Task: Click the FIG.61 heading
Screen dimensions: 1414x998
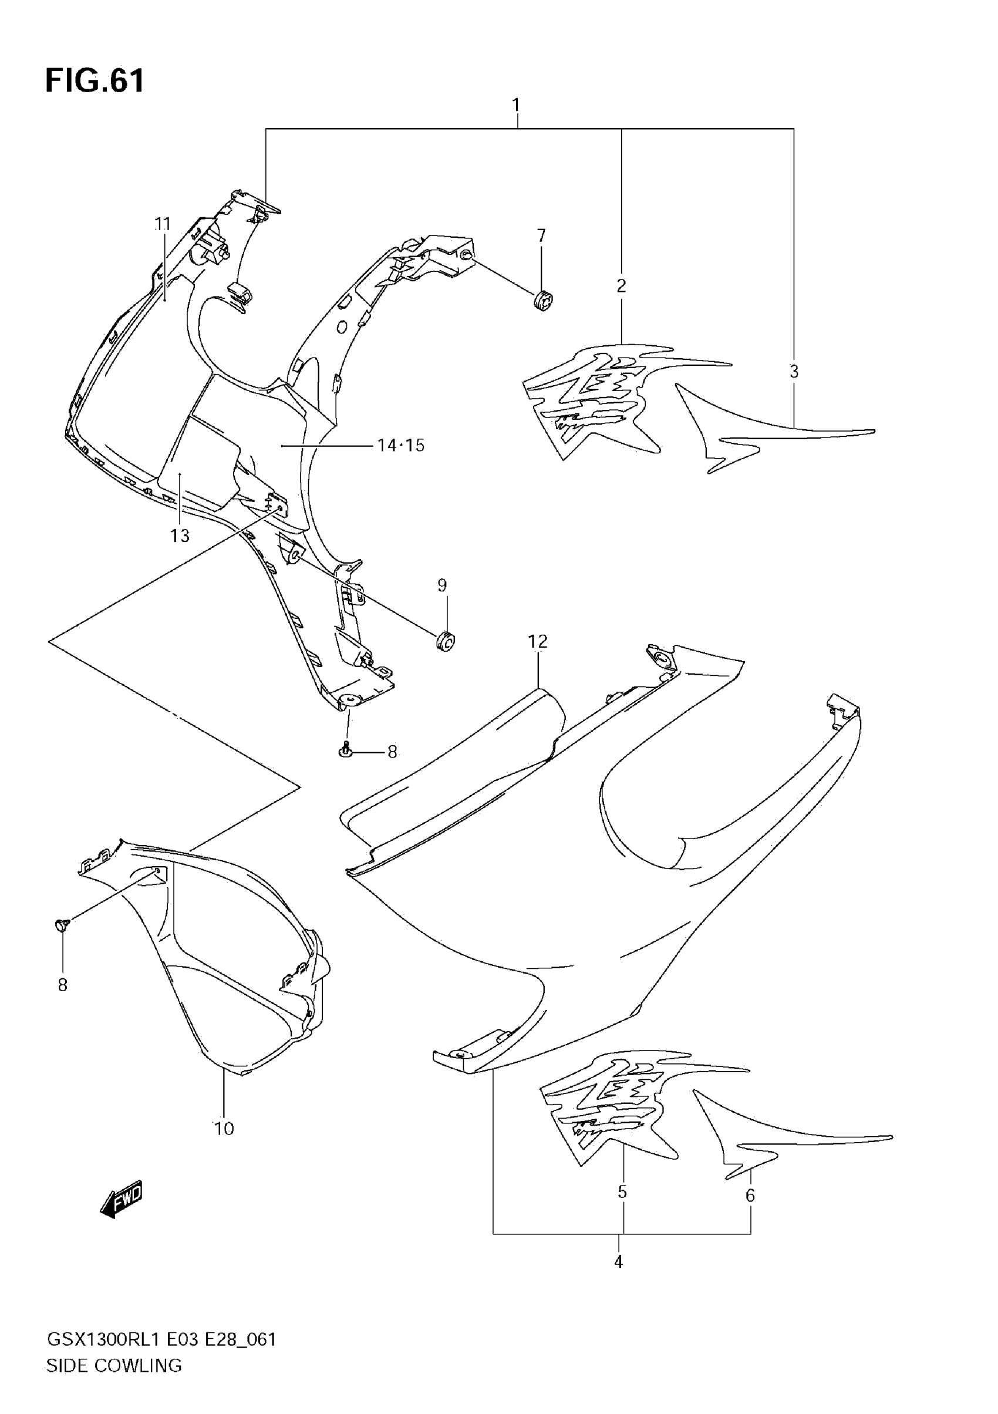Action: click(95, 81)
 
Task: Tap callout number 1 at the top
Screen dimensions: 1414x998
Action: click(516, 105)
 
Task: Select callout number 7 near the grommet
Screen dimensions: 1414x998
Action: click(541, 236)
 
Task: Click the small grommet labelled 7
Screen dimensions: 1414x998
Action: click(542, 301)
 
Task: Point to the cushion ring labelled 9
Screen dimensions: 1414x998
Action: click(445, 641)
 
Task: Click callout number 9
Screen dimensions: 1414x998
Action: click(442, 585)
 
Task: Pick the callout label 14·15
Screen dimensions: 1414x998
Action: click(401, 445)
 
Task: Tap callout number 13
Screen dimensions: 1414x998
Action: click(180, 536)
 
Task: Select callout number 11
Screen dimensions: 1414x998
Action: click(163, 224)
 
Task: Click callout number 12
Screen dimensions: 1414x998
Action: click(538, 642)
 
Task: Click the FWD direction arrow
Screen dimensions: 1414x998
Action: click(122, 1198)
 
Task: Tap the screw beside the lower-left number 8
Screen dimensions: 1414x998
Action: click(62, 924)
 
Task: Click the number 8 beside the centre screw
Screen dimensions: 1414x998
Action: click(392, 752)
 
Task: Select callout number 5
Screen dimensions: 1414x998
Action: click(622, 1191)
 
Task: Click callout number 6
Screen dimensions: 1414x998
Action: click(750, 1196)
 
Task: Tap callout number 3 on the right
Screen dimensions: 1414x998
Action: click(794, 371)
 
